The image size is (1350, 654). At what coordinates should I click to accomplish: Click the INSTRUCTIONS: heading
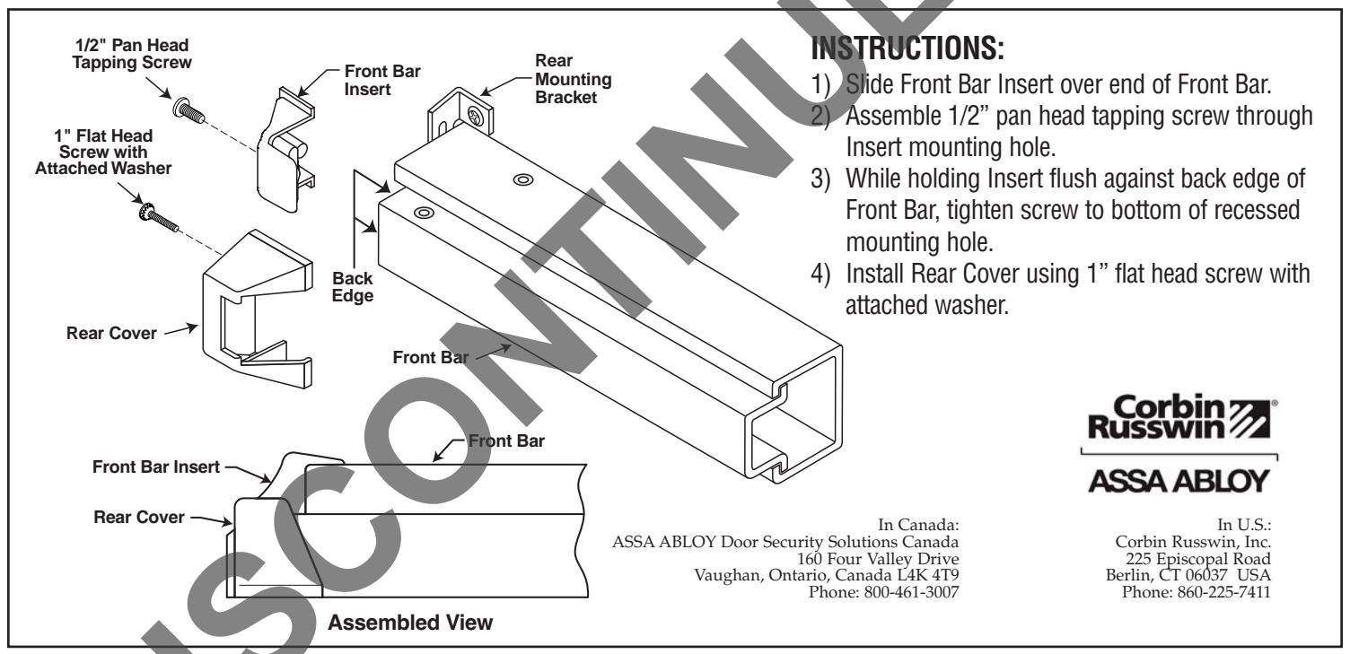point(907,43)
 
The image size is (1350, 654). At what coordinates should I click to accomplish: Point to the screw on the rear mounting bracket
point(472,117)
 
